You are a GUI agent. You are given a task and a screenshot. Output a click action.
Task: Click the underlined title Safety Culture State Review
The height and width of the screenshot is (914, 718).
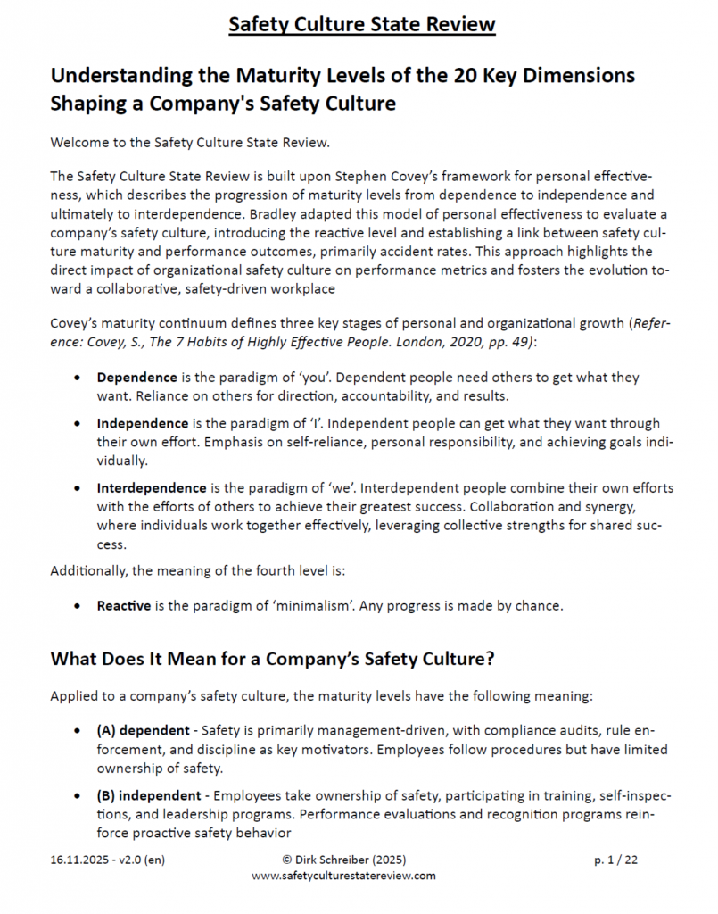pyautogui.click(x=361, y=23)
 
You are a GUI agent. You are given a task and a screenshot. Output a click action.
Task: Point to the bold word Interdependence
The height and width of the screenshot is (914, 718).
pyautogui.click(x=152, y=487)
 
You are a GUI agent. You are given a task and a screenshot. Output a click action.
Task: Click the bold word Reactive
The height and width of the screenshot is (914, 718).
pyautogui.click(x=124, y=605)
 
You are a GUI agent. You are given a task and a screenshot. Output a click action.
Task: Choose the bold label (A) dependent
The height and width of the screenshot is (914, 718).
pyautogui.click(x=145, y=729)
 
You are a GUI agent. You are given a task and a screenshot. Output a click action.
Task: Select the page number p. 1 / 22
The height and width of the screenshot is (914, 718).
pyautogui.click(x=616, y=860)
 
